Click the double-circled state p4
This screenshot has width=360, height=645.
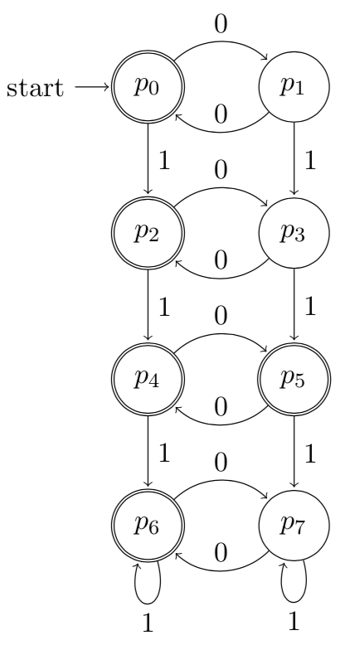(x=147, y=381)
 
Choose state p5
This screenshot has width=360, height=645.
(x=294, y=381)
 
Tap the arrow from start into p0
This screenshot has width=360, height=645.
(x=90, y=87)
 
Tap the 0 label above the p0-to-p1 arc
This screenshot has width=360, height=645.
(x=220, y=23)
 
